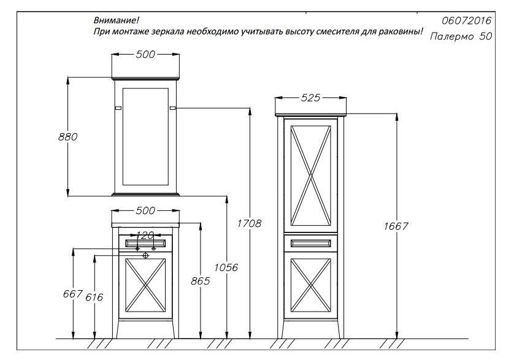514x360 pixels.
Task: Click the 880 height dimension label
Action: (x=68, y=137)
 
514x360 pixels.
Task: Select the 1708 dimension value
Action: (x=249, y=224)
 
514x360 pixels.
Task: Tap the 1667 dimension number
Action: (x=396, y=226)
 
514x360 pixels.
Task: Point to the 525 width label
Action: (x=310, y=98)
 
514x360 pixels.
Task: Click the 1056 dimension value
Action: (x=226, y=267)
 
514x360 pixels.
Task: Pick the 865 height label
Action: (x=201, y=281)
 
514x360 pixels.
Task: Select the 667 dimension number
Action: (x=72, y=294)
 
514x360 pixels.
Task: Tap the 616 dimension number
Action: (x=94, y=297)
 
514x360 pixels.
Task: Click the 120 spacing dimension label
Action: (x=145, y=235)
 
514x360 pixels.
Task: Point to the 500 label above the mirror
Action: (x=145, y=55)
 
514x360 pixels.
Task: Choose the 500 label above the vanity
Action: (x=145, y=210)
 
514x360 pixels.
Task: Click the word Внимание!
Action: (x=117, y=20)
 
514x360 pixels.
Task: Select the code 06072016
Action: (x=467, y=21)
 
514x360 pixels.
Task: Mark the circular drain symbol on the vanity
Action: (x=146, y=255)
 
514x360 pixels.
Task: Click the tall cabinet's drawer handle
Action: (x=310, y=243)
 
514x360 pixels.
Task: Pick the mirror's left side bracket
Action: (x=118, y=108)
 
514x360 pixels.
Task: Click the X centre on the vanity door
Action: (x=145, y=285)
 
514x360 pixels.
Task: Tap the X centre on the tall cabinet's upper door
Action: (x=310, y=176)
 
